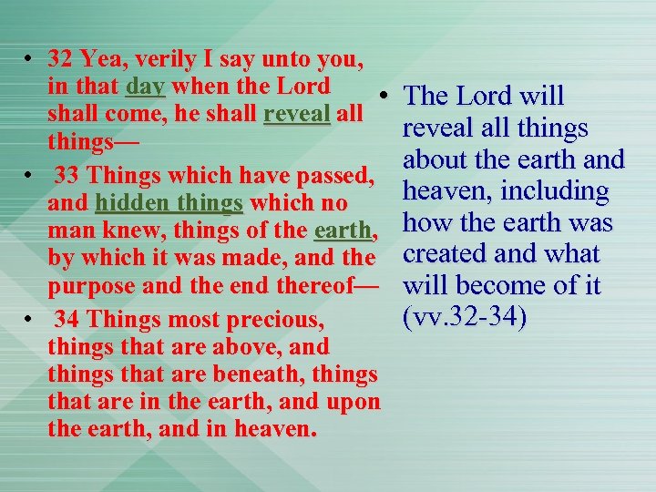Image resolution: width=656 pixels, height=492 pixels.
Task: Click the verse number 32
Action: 60,60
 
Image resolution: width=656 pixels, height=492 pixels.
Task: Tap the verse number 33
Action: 67,175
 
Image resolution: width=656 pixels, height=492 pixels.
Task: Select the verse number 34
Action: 67,319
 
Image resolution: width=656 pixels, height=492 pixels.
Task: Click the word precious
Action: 282,319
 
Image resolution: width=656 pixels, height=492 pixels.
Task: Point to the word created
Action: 449,255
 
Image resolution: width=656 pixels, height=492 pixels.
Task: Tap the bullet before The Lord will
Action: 386,96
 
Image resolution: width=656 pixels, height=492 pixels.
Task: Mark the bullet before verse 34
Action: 30,319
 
